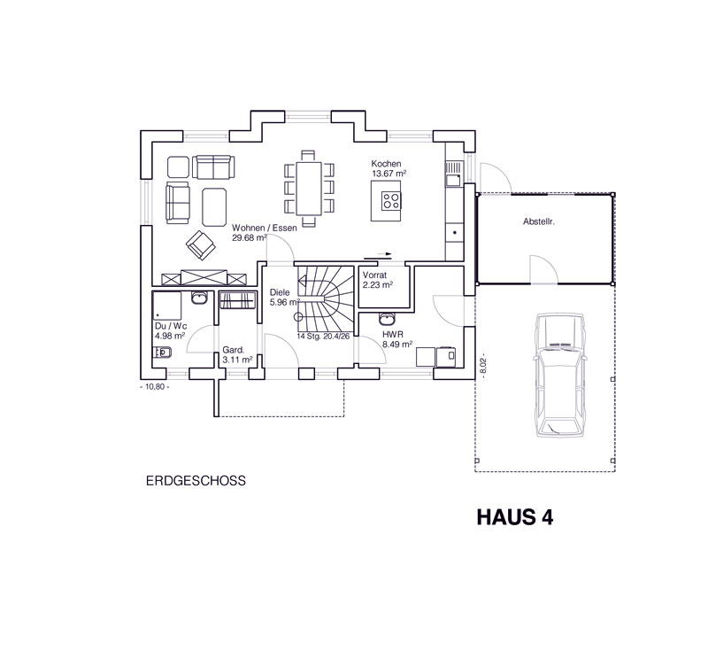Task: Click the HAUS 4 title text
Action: (515, 517)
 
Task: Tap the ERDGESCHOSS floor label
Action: (196, 481)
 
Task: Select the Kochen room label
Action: (386, 164)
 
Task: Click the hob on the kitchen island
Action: (391, 200)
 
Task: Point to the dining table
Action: (309, 189)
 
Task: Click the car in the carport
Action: (560, 375)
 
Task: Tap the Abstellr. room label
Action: (539, 221)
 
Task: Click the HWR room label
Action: (392, 335)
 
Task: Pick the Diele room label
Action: (280, 292)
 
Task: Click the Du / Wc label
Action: (171, 326)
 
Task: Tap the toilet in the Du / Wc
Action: (162, 352)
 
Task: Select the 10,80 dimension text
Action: (155, 387)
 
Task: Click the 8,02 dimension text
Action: (483, 368)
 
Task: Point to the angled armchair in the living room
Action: (201, 244)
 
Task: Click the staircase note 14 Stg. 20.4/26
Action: (323, 337)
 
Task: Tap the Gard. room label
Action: (233, 350)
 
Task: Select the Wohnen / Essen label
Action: (265, 228)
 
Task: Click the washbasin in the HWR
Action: (387, 319)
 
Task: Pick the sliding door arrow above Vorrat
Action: (385, 254)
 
